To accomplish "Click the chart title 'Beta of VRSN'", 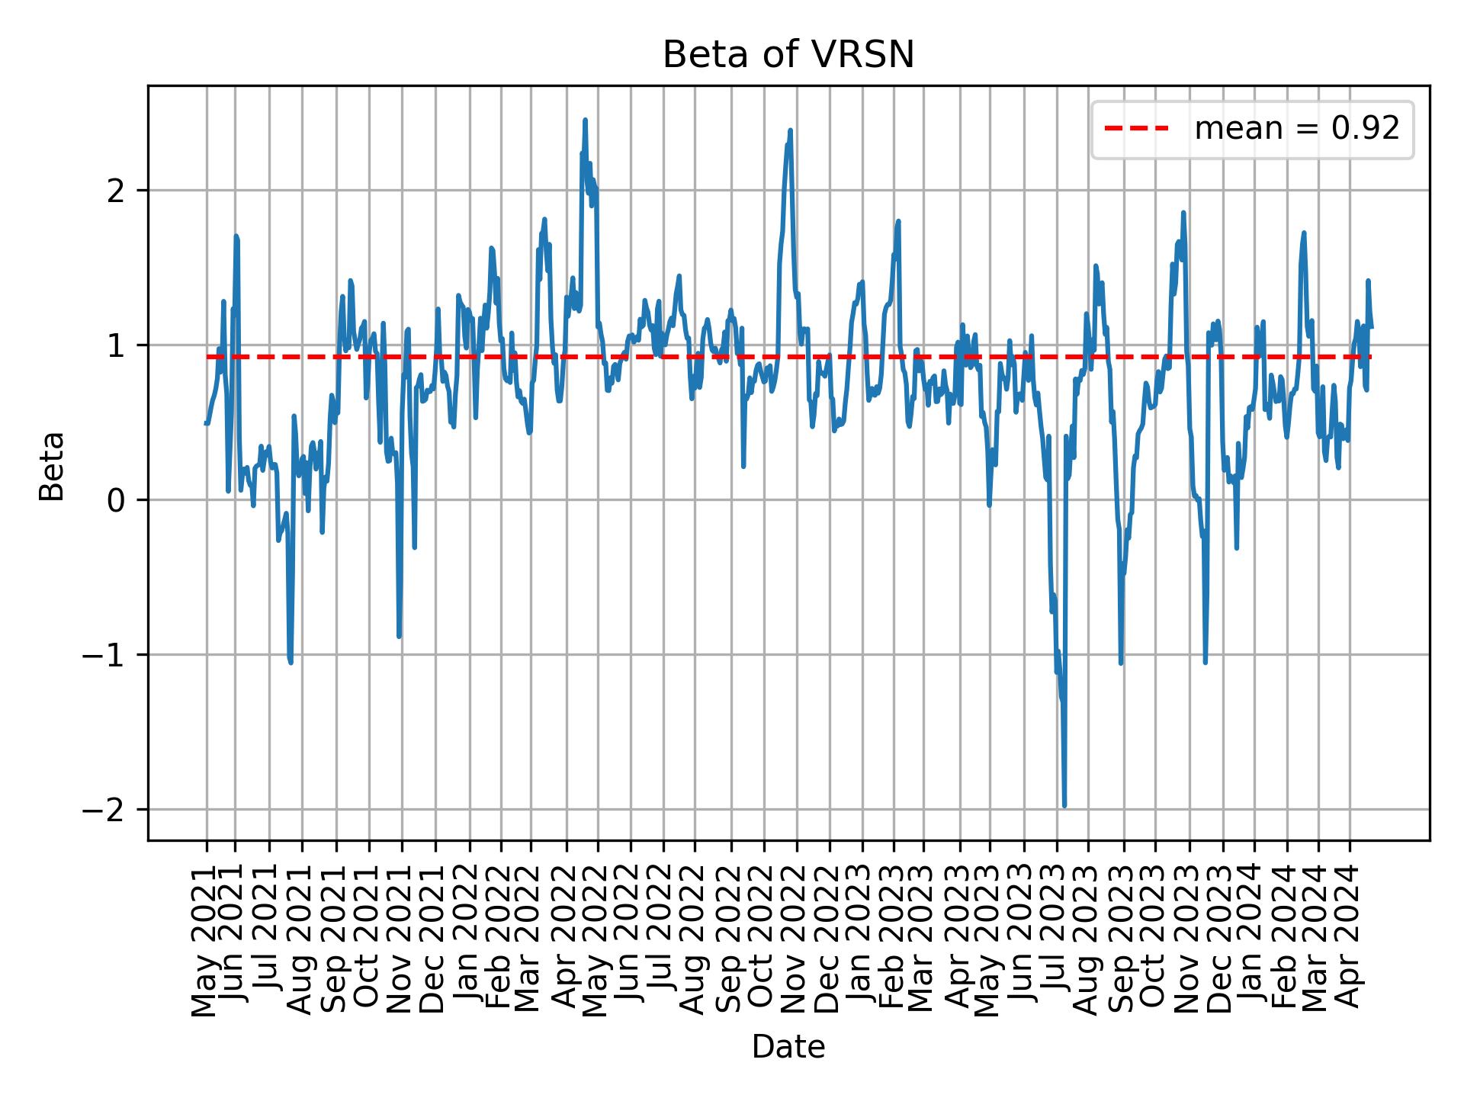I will [x=788, y=55].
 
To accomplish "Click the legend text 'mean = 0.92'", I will [x=1296, y=129].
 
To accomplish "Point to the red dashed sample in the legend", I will [x=1136, y=129].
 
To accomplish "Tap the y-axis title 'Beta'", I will [x=52, y=466].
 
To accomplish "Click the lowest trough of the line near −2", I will [x=1064, y=805].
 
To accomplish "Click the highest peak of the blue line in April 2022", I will [x=585, y=120].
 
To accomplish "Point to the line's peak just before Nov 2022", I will [x=790, y=130].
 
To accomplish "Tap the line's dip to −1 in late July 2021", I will [x=291, y=662].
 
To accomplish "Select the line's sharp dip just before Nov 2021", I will [x=399, y=635].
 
